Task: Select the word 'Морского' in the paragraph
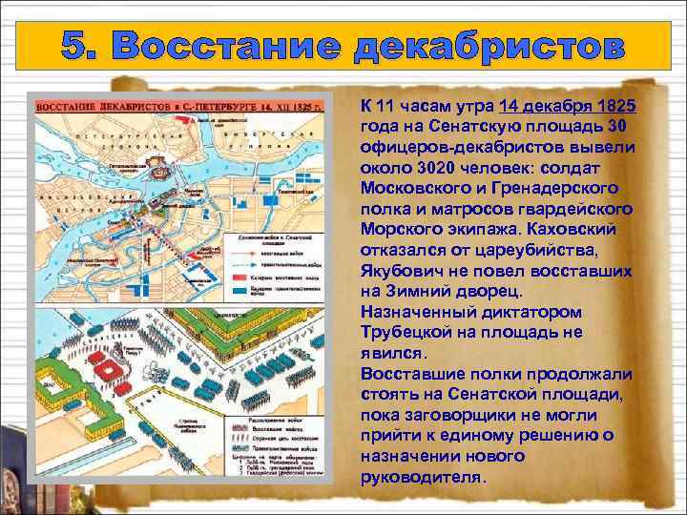401,231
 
